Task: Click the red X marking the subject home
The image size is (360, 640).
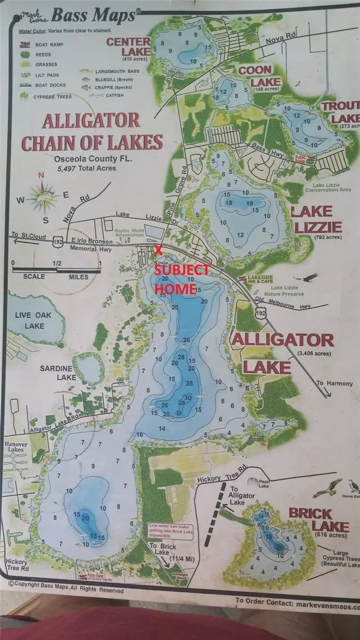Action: coord(158,250)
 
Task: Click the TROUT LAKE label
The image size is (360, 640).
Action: coord(339,112)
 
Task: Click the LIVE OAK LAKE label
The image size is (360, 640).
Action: coord(33,321)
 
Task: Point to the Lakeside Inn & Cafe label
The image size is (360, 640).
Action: coord(262,281)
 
